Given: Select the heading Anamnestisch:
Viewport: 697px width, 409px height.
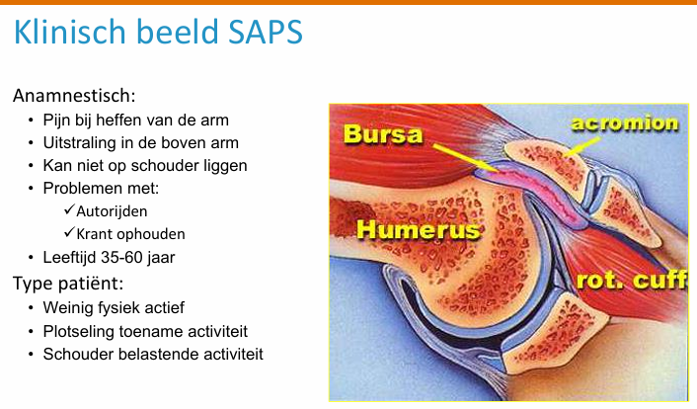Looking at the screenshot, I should coord(74,97).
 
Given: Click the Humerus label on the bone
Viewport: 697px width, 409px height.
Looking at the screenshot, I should coord(417,232).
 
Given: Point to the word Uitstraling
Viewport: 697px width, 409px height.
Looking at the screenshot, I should coord(78,143).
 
